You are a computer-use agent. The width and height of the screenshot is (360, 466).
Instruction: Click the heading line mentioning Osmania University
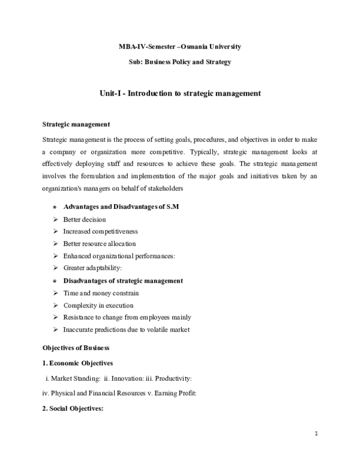(180, 46)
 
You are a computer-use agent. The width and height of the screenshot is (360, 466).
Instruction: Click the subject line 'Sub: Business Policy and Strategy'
(180, 62)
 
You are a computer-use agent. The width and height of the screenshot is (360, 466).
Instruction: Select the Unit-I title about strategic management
(180, 94)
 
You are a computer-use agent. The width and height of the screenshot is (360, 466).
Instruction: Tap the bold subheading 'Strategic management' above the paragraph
(76, 125)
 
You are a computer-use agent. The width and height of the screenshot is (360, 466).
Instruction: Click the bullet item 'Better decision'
(84, 219)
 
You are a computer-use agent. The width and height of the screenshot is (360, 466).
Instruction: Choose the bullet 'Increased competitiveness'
(100, 231)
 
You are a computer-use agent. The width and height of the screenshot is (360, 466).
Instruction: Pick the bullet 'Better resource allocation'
(99, 244)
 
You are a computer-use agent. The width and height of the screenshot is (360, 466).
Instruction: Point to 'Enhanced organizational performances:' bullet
(119, 256)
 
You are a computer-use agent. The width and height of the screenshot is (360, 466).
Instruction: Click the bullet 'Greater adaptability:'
(92, 268)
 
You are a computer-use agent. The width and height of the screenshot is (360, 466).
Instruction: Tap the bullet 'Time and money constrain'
(101, 293)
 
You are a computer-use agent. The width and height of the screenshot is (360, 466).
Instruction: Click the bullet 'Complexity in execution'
(98, 305)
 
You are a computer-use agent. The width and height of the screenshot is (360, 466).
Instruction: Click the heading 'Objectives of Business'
(76, 348)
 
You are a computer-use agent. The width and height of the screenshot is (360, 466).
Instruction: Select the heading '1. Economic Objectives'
(77, 363)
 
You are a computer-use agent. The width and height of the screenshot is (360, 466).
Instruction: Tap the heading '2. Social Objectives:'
(73, 409)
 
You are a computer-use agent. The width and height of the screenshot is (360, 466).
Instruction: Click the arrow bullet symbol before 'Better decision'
(55, 219)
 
